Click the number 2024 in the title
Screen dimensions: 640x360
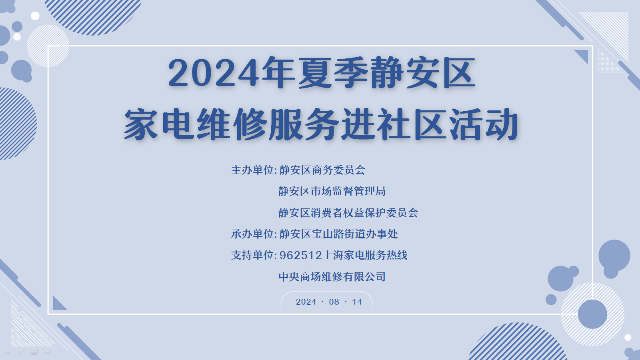214,72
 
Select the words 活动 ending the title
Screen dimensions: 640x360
484,124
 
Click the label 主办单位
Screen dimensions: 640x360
252,170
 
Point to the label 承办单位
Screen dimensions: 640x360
252,234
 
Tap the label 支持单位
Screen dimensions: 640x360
252,255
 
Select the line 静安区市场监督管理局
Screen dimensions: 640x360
332,191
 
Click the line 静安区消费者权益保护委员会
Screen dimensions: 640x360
348,212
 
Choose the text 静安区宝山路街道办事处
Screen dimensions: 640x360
338,234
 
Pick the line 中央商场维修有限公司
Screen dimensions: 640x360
332,276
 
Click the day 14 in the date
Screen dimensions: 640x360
357,302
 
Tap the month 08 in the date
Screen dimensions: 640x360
334,302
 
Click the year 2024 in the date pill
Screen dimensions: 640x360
306,302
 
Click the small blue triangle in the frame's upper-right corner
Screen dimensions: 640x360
583,55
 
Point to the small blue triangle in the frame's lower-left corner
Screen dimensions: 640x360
58,304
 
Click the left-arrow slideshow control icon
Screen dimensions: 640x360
6,352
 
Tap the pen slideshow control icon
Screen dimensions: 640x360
20,352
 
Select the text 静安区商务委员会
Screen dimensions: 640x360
322,170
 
